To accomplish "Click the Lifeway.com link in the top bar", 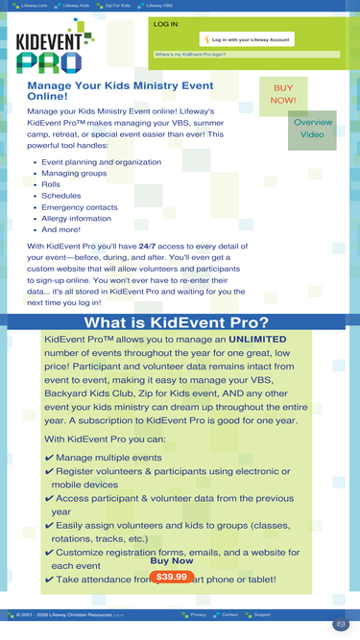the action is tap(36, 5).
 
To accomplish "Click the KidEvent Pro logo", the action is tap(55, 48).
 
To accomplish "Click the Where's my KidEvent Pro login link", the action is tap(193, 55).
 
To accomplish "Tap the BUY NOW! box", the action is tap(283, 94).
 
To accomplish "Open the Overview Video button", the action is tap(312, 129).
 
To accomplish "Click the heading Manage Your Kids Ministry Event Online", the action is tap(120, 90).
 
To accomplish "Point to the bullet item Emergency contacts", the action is tap(80, 207).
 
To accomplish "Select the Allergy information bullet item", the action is tap(76, 219).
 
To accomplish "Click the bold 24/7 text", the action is tap(147, 247).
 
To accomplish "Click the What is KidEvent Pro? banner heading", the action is tap(177, 321).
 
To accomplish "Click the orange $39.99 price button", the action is tap(172, 577).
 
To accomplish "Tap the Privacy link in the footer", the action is tap(198, 614).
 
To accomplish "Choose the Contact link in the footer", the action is tap(229, 614).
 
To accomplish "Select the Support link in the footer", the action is tap(262, 614).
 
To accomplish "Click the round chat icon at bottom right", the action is tap(340, 625).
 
